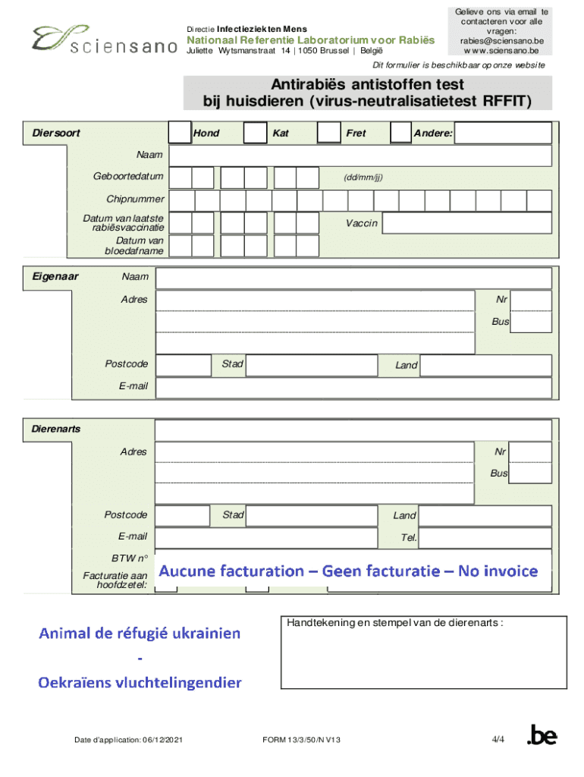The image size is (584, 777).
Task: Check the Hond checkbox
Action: coord(179,133)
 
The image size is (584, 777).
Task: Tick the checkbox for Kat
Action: coord(255,133)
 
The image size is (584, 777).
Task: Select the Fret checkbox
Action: coord(328,133)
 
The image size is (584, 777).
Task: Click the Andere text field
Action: coord(503,134)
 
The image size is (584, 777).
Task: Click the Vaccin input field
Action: coord(466,223)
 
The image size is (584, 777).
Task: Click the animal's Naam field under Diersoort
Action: coord(360,156)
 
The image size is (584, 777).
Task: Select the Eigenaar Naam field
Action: coord(353,278)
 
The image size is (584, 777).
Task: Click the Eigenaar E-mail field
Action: coord(353,387)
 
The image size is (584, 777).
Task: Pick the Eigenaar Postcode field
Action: coord(182,365)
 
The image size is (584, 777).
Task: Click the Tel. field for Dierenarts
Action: coord(485,538)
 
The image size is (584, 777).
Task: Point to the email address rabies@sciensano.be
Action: coord(501,41)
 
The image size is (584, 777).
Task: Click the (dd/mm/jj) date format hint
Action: coord(363,178)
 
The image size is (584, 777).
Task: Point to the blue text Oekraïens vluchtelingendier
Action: coord(140,682)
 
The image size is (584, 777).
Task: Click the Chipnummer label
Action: coord(136,200)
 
